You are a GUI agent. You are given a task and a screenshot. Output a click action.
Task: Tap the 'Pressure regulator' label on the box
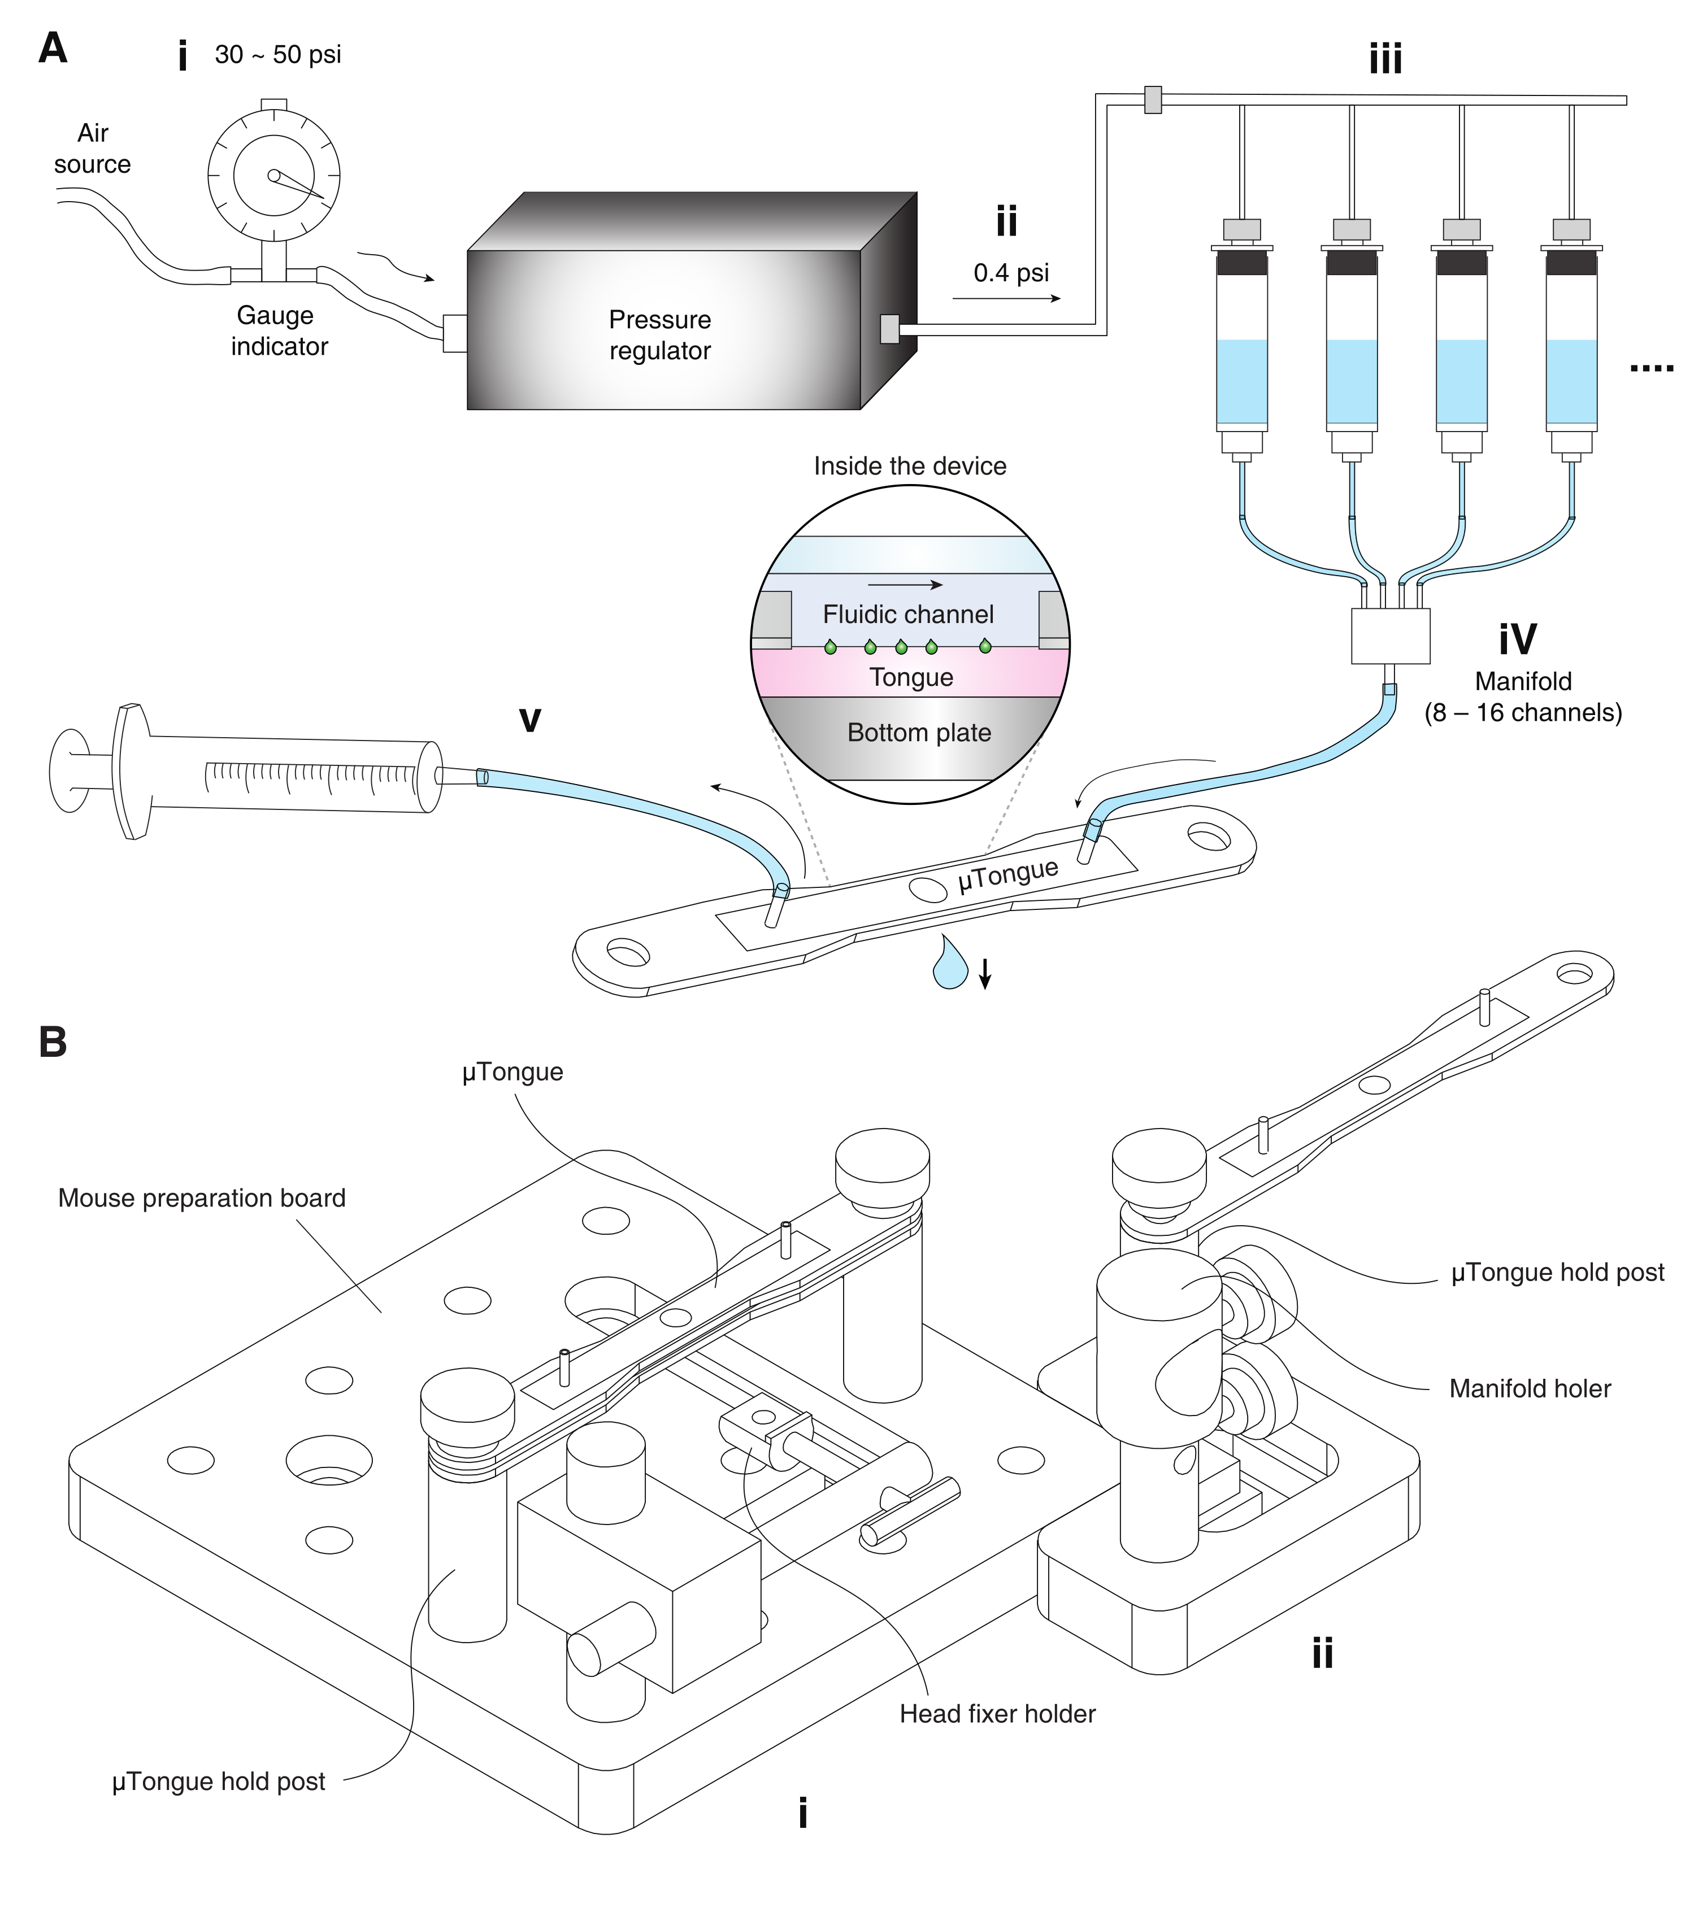click(660, 335)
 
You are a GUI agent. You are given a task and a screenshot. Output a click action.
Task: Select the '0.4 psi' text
click(1011, 273)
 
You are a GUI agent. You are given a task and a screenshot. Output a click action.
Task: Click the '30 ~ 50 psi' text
click(278, 54)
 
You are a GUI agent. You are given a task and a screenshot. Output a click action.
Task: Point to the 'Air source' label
click(93, 149)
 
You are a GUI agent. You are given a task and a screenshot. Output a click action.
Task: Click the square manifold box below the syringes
click(1390, 636)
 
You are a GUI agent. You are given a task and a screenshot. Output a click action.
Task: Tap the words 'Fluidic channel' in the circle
click(908, 615)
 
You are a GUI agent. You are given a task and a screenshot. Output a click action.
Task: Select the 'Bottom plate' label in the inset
click(919, 733)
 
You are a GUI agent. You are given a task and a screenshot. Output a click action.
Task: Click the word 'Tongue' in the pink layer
click(911, 677)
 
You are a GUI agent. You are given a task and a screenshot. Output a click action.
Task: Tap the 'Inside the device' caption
click(910, 466)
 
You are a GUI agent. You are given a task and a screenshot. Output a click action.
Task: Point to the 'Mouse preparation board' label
click(201, 1198)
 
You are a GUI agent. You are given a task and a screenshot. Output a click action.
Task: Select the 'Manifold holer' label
click(1529, 1388)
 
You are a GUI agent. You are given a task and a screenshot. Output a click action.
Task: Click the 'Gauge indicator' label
click(278, 331)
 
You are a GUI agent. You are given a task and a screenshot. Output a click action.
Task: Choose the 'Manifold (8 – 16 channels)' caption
click(1523, 697)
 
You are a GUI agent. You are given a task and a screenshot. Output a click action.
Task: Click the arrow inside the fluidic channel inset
click(905, 585)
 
